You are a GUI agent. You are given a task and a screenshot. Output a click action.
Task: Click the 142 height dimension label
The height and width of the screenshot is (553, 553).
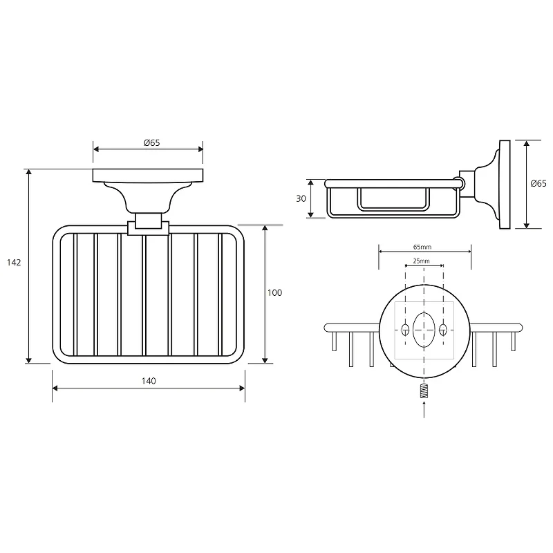tap(14, 263)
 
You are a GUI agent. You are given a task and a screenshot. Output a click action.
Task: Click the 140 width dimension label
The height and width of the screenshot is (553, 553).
tap(149, 381)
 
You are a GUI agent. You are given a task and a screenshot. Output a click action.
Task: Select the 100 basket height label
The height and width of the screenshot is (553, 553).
tap(274, 292)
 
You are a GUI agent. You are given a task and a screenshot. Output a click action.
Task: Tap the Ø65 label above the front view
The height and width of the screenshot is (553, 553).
tap(151, 143)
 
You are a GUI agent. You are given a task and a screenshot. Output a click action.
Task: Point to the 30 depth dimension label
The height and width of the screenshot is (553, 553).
tap(301, 199)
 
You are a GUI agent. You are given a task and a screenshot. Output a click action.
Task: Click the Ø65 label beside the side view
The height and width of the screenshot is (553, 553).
tap(538, 183)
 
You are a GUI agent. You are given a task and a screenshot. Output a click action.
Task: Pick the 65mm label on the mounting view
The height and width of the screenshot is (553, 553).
tap(422, 247)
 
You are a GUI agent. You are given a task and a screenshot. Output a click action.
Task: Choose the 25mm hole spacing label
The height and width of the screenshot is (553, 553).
tap(421, 261)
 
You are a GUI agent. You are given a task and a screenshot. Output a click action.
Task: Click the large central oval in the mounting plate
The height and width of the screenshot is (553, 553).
tap(424, 330)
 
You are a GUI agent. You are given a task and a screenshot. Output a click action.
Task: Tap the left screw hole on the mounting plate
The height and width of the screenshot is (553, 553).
tap(405, 330)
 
